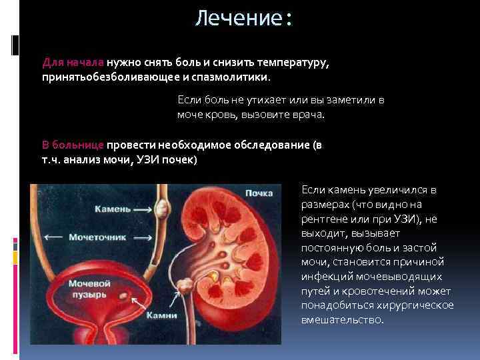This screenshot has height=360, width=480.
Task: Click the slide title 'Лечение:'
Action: (x=244, y=18)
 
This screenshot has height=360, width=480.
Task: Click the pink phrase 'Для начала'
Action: (x=72, y=62)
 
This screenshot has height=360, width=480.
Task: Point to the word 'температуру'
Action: (x=294, y=62)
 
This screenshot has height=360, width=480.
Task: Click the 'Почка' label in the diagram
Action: (x=259, y=193)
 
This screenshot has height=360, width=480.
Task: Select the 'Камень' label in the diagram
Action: (x=113, y=209)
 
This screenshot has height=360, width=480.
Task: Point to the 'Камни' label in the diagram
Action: (x=163, y=316)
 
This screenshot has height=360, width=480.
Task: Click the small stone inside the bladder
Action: (x=123, y=294)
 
